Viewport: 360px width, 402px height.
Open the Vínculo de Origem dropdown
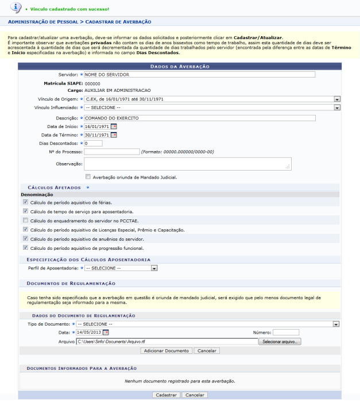tap(212, 99)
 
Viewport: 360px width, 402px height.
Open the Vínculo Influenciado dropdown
tap(212, 107)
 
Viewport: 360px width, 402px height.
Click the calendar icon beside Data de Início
tap(114, 127)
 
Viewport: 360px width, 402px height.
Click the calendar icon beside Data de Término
tap(114, 135)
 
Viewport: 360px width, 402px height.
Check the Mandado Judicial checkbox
tap(88, 177)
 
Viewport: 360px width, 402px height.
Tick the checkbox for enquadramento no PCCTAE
tap(25, 220)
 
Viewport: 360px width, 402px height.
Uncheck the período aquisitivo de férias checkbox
tap(25, 202)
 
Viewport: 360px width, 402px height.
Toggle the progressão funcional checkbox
tap(25, 248)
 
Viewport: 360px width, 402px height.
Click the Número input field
tap(285, 332)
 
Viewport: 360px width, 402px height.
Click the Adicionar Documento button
tap(166, 350)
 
